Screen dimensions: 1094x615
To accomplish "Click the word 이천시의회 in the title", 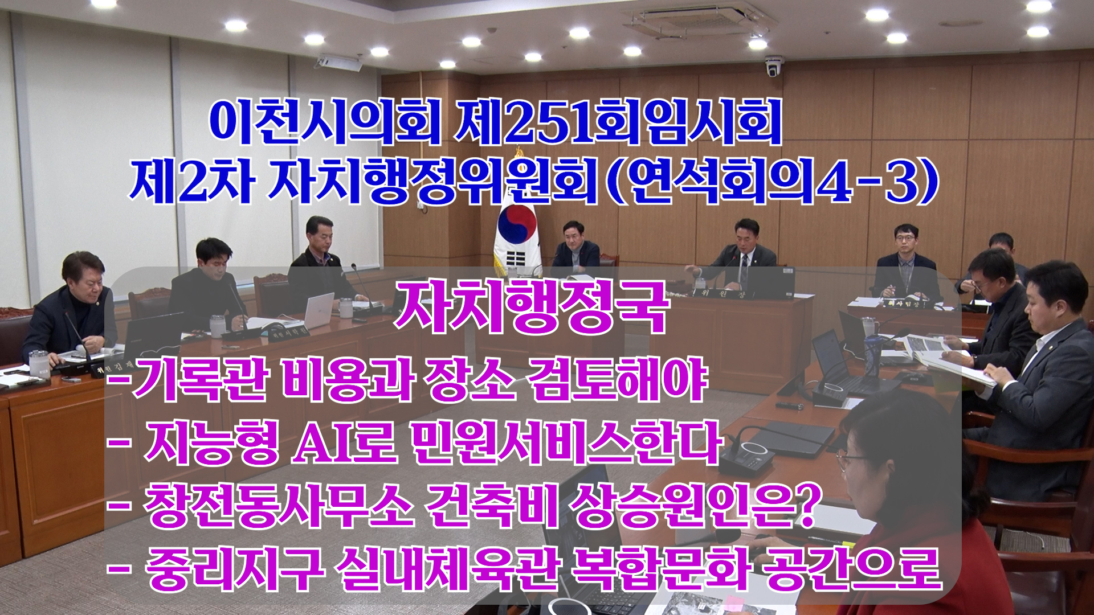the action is pos(325,121).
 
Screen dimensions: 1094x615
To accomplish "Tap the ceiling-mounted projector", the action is pos(340,62).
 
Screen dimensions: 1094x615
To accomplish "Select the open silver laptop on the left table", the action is pos(319,310).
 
